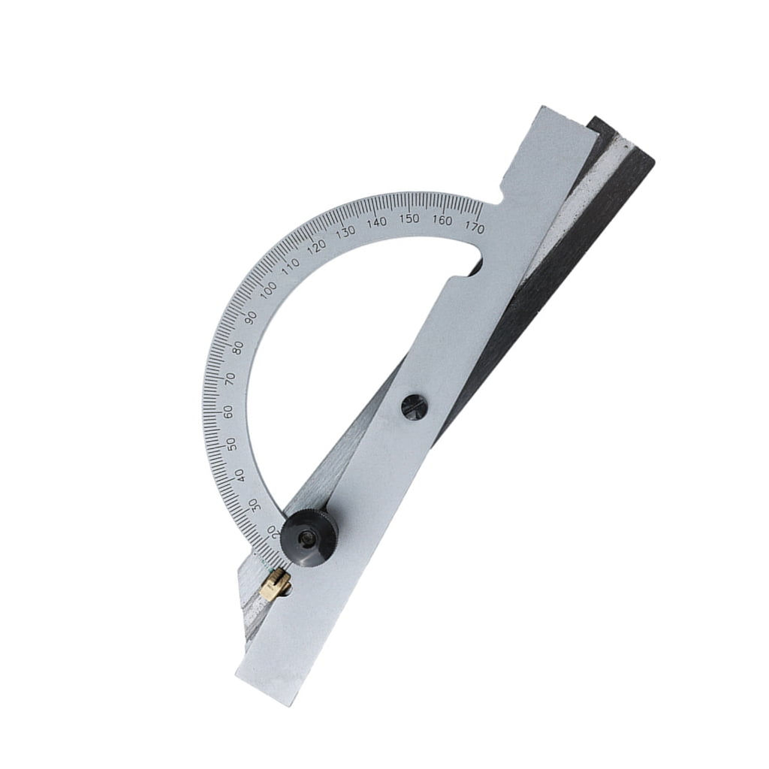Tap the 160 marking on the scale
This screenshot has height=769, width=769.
(442, 220)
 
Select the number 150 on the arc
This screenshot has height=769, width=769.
(409, 219)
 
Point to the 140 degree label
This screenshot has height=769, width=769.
(377, 222)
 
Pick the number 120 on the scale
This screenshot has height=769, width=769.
(317, 245)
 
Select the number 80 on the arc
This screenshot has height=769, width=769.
(240, 348)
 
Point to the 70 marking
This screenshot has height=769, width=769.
(231, 378)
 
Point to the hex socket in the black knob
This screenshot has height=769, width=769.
(306, 537)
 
